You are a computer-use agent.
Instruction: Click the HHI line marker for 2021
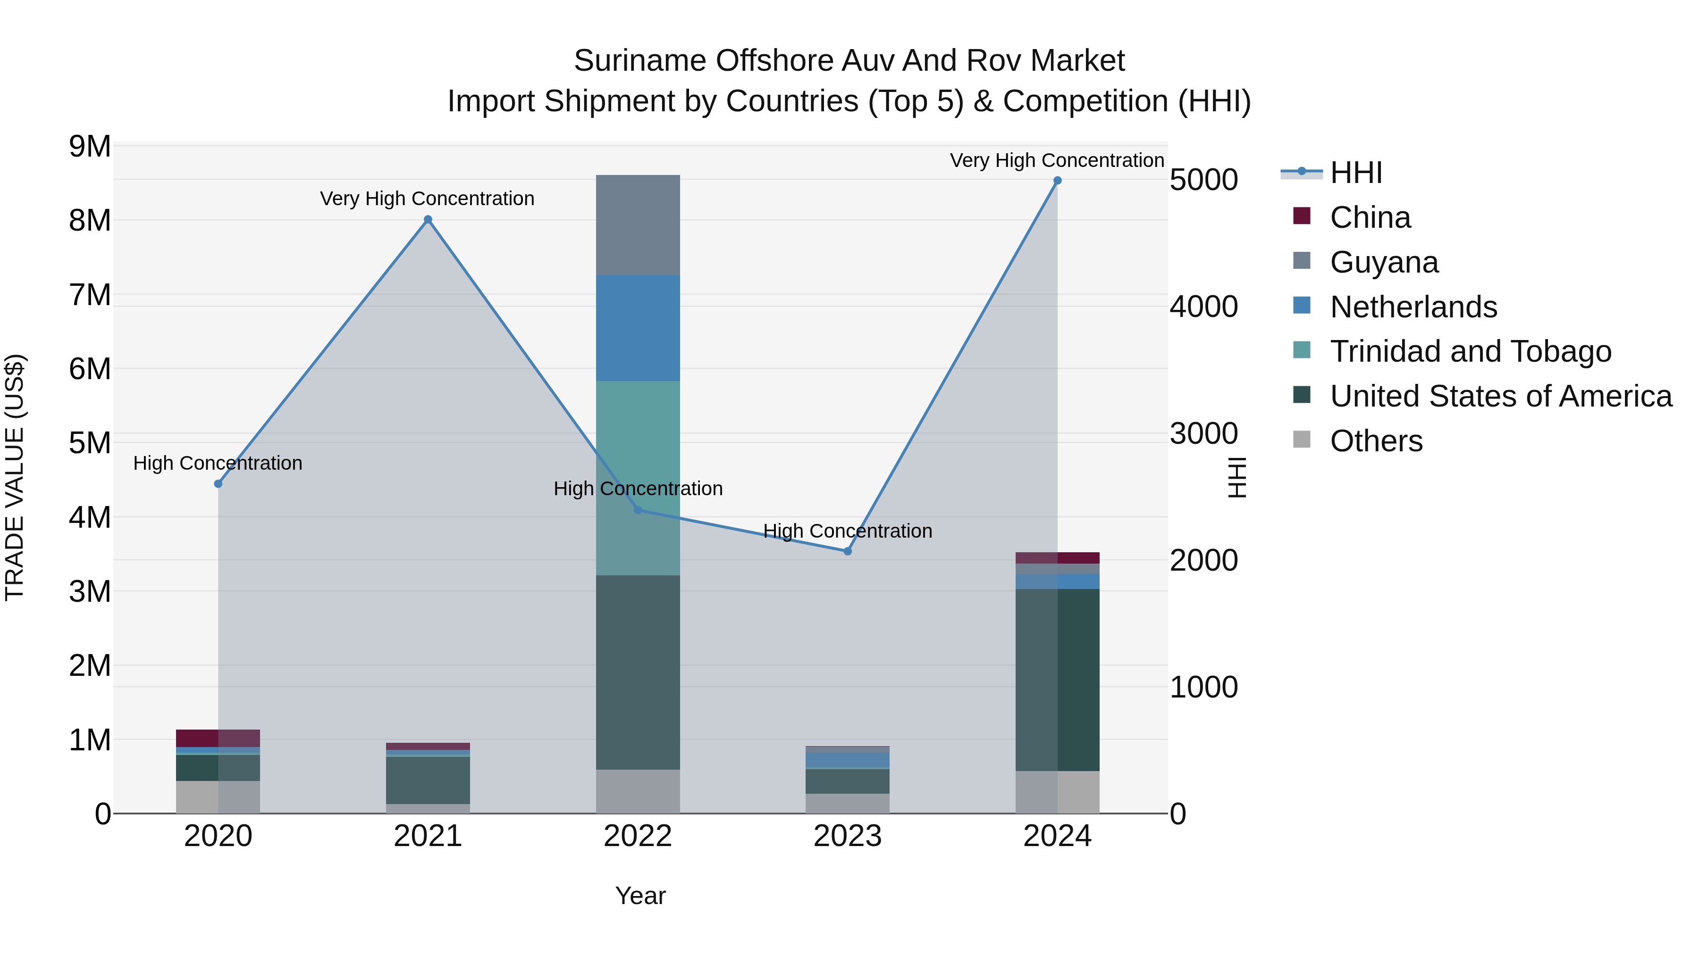click(428, 219)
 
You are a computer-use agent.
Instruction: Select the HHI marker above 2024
click(1057, 181)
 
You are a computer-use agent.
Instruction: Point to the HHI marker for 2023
click(848, 551)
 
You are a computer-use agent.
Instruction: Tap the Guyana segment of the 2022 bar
click(638, 225)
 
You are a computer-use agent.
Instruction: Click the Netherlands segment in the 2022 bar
click(638, 328)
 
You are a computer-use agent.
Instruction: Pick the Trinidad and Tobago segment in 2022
click(638, 478)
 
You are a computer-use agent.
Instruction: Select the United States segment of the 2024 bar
click(1057, 679)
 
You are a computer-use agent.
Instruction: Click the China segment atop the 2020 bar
click(218, 738)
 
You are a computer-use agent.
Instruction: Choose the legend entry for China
click(1370, 217)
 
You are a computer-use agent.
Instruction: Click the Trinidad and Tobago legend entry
click(1470, 351)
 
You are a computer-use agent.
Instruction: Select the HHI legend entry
click(1355, 173)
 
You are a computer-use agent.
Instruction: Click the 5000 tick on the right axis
click(1203, 180)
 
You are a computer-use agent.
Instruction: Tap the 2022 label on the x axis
click(638, 836)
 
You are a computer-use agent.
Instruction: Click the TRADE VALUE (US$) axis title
click(15, 477)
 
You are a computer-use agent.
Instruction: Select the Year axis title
click(640, 896)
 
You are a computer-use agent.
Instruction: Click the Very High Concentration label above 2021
click(428, 199)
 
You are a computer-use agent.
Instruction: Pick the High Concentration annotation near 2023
click(848, 531)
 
